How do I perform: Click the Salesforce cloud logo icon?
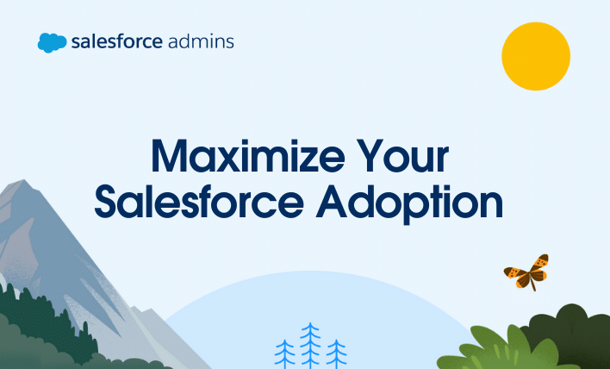click(52, 42)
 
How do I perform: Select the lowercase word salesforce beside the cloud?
click(116, 41)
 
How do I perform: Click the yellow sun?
click(537, 55)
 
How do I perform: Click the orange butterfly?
click(527, 272)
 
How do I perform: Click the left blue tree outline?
click(284, 353)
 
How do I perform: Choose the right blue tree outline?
click(336, 353)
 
